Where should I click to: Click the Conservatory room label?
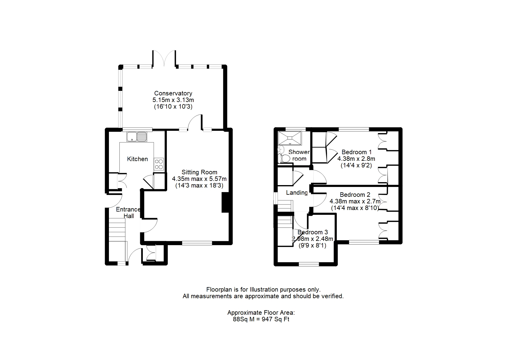[173, 93]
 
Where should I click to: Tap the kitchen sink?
[137, 136]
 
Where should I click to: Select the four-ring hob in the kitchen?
[159, 164]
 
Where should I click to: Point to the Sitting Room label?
[199, 172]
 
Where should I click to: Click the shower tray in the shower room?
[290, 138]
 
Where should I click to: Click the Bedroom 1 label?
[357, 152]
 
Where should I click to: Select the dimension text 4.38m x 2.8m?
[356, 158]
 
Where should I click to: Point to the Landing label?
[297, 193]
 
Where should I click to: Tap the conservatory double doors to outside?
[164, 58]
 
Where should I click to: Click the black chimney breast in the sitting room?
[225, 202]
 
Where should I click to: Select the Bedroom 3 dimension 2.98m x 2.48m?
[312, 239]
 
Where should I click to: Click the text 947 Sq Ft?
[276, 319]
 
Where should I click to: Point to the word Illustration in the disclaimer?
[264, 289]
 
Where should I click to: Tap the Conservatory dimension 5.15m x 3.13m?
[173, 100]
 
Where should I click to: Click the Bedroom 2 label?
[355, 195]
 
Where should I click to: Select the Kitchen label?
[137, 159]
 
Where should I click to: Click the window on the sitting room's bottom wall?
[197, 243]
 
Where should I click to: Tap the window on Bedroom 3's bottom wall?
[309, 264]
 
